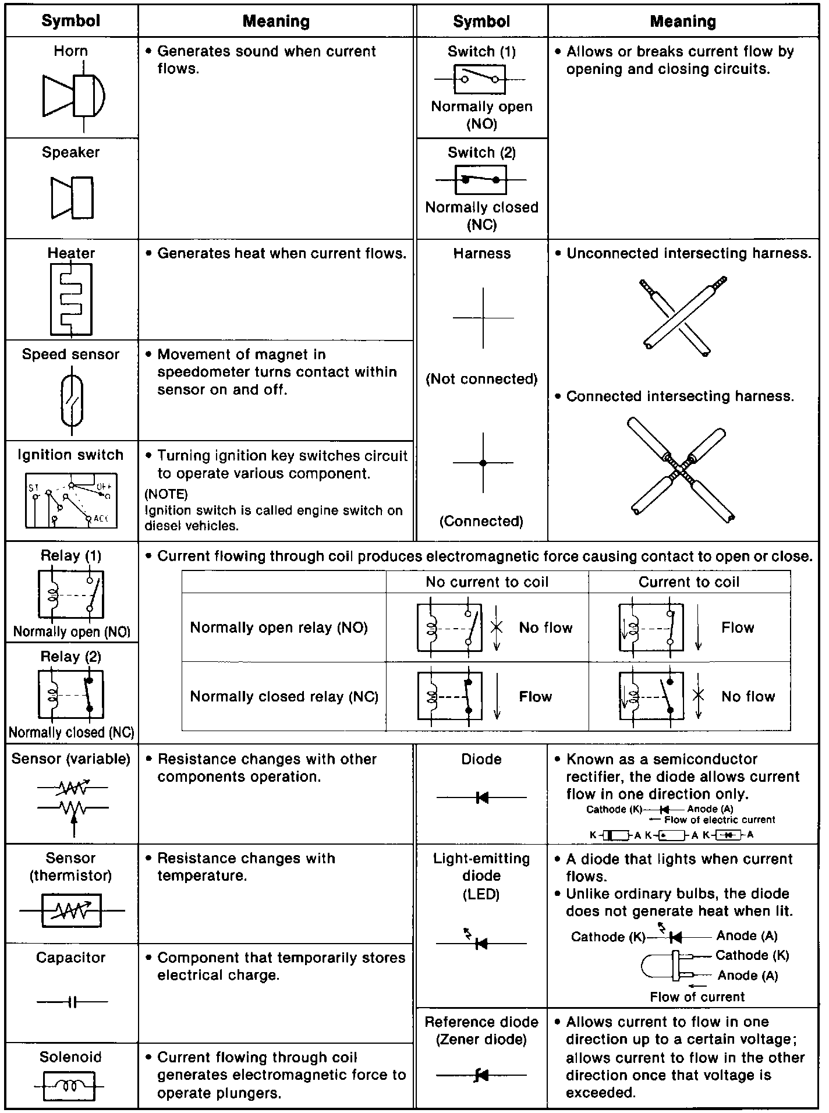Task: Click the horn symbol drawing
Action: click(x=74, y=96)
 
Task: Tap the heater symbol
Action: click(x=71, y=299)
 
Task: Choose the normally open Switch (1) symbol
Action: click(x=480, y=79)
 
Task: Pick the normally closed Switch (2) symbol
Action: click(x=480, y=180)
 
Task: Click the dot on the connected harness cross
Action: click(x=483, y=463)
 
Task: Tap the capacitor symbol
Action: click(x=72, y=1002)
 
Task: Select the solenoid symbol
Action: click(x=70, y=1086)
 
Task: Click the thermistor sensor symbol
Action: click(x=72, y=910)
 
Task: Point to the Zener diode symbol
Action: click(x=481, y=1075)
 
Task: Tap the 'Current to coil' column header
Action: click(x=689, y=582)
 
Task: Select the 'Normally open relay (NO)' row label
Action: click(x=279, y=628)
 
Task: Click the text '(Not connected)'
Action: click(x=481, y=379)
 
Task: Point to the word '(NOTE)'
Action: click(x=166, y=494)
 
